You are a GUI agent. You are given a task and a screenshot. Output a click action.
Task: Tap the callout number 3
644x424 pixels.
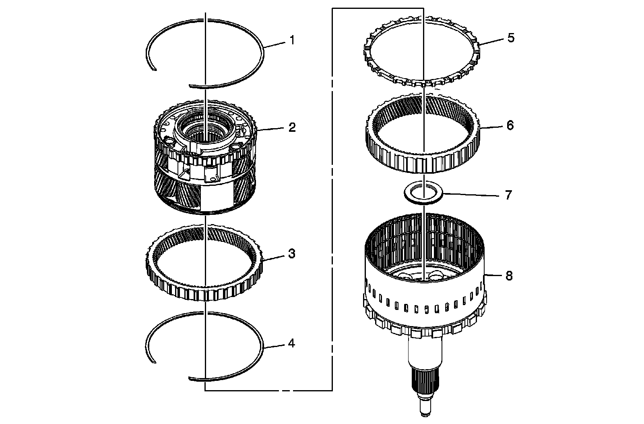[291, 254]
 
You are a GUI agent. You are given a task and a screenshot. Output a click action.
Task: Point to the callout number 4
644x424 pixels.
[291, 344]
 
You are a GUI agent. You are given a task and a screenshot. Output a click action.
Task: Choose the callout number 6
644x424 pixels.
[510, 125]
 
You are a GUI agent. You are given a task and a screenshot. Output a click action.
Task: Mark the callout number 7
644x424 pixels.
[508, 195]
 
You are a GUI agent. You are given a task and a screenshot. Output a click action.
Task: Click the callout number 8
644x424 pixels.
[509, 276]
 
